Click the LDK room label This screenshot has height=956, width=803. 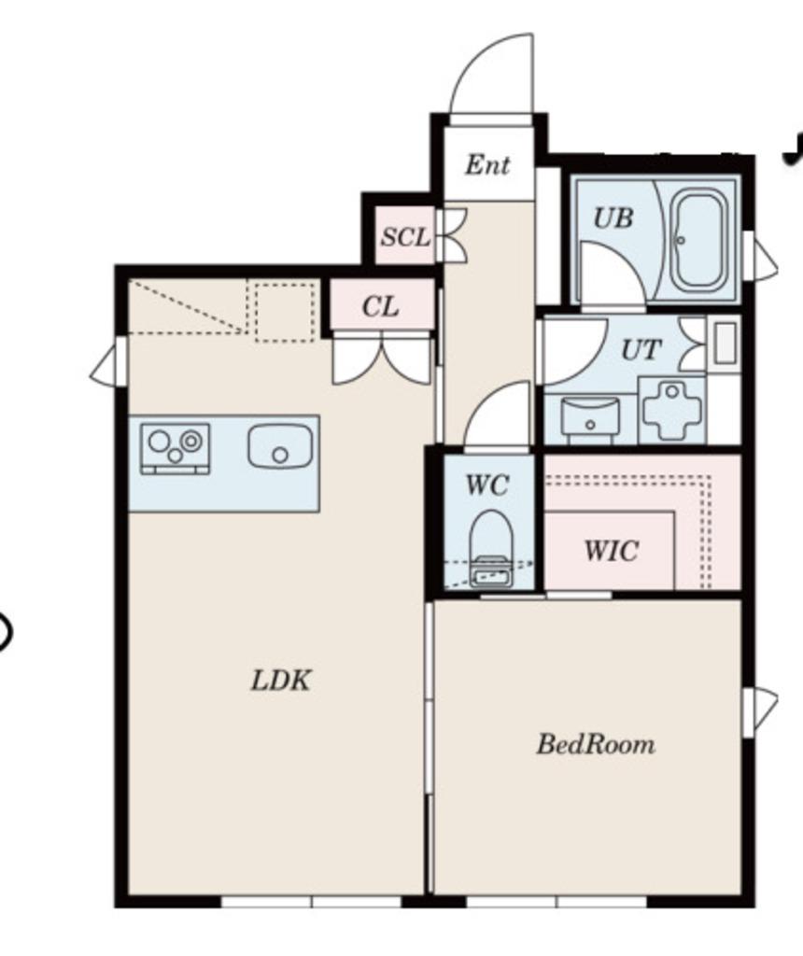(x=281, y=681)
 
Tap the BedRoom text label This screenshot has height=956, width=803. (x=596, y=744)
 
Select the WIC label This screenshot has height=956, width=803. (x=612, y=551)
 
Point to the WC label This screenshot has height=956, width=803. (x=486, y=485)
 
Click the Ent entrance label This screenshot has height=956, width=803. (x=487, y=164)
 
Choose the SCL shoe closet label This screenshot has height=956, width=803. (x=405, y=236)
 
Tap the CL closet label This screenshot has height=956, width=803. (x=380, y=306)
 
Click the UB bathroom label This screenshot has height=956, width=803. (x=613, y=218)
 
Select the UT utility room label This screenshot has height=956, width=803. (x=641, y=350)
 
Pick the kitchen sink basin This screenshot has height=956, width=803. (x=280, y=447)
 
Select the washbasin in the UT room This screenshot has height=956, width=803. (x=590, y=418)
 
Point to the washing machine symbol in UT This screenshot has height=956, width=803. (x=672, y=410)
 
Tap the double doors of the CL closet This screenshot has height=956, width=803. (x=382, y=361)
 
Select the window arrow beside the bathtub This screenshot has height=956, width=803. (x=760, y=256)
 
